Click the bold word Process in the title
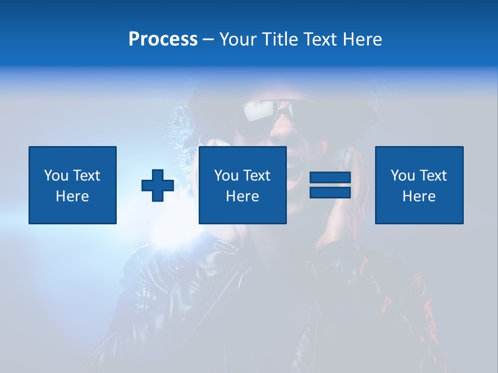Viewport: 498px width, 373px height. coord(163,39)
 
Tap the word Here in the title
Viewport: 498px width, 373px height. coord(362,39)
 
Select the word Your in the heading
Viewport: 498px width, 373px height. coord(236,39)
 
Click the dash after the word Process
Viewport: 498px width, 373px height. coord(209,40)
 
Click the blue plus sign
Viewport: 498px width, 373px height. coord(158,185)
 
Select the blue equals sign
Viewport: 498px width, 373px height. coord(330,185)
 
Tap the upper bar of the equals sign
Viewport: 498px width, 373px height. coord(330,178)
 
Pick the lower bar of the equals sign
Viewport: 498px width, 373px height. coord(330,192)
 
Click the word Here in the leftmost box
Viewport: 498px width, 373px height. coord(73,196)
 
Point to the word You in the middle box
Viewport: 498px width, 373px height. coord(226,176)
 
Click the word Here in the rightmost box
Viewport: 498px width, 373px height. coord(419,196)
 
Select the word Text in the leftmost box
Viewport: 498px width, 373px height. coord(87,176)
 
